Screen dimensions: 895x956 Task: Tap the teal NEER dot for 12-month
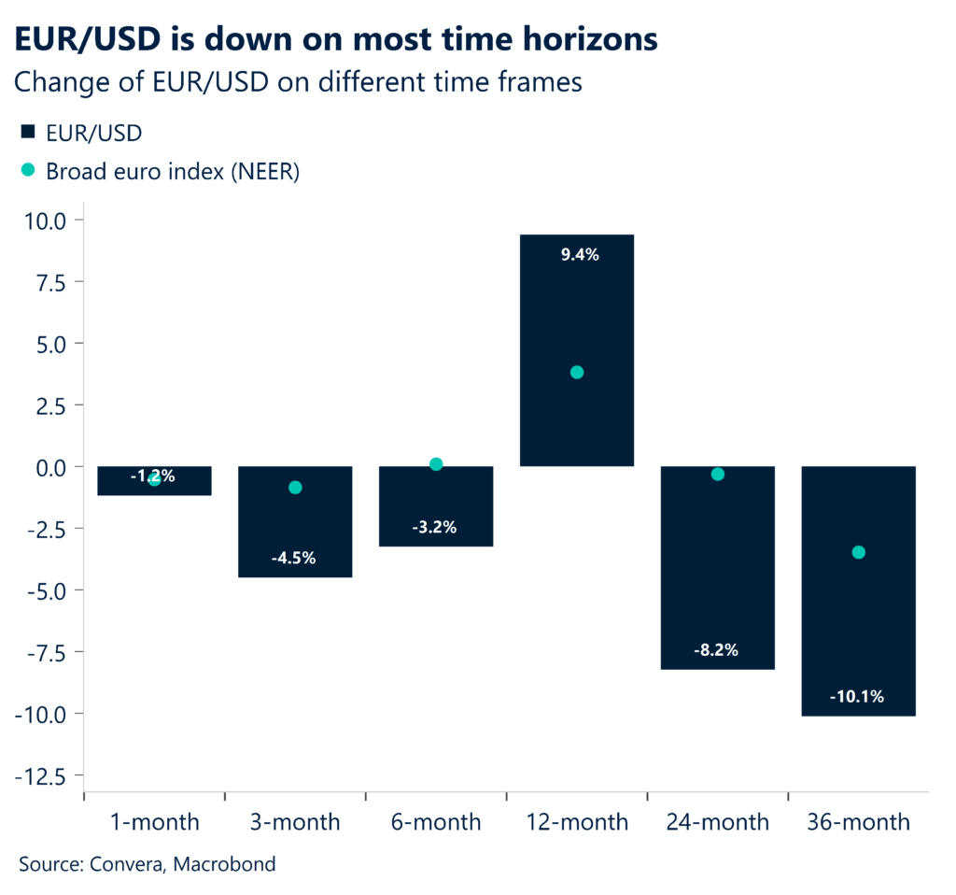tap(577, 372)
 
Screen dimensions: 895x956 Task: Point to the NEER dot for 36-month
tap(858, 552)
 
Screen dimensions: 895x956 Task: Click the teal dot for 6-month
tap(436, 464)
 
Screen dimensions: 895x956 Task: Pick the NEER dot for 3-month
tap(295, 487)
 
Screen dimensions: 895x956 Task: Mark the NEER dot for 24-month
tap(718, 474)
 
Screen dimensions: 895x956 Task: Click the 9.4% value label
tap(577, 254)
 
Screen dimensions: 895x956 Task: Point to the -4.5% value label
tap(295, 558)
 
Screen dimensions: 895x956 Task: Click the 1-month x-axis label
tap(154, 822)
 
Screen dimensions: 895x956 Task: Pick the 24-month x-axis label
tap(717, 822)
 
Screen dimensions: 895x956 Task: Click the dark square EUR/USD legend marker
tap(28, 133)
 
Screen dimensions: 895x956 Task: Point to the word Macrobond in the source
tap(229, 864)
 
